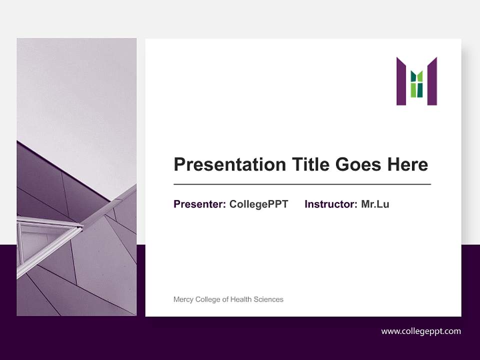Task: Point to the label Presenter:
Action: pos(199,204)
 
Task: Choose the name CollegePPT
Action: pos(258,204)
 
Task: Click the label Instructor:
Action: pos(330,204)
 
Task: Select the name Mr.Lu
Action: pos(375,204)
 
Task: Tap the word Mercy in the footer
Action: pos(183,299)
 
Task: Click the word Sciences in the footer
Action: pos(268,299)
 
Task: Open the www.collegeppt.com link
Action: pos(421,331)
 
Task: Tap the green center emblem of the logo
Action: pos(416,84)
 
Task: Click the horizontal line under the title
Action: pos(302,184)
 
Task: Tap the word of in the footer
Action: pos(225,299)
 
